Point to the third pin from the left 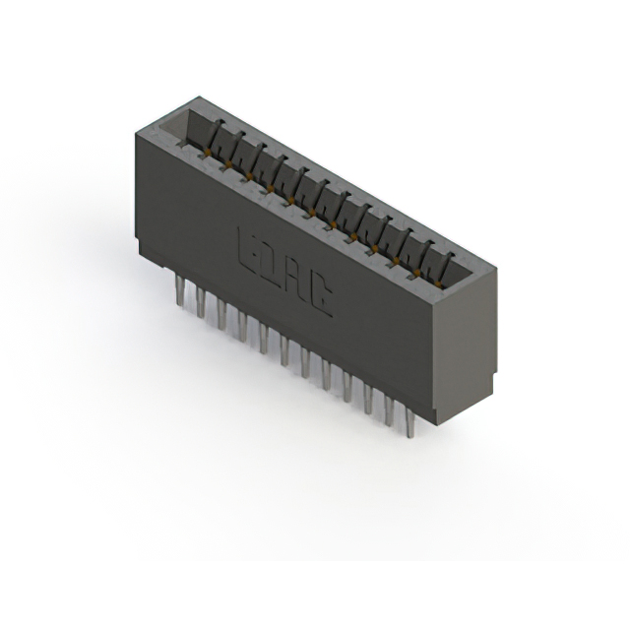[222, 315]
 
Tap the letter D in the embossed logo [275, 259]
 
